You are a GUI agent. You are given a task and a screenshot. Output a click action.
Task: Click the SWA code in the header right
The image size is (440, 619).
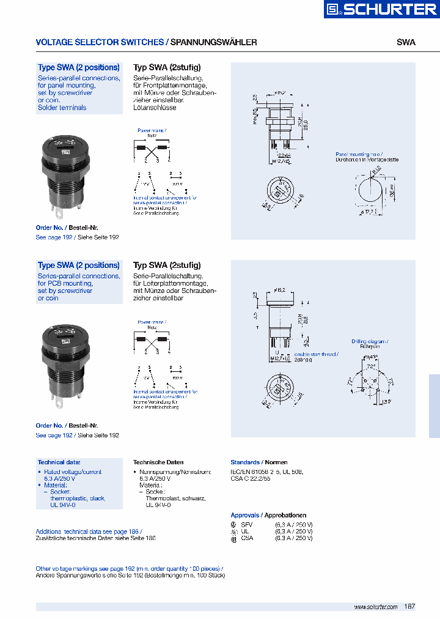pos(406,42)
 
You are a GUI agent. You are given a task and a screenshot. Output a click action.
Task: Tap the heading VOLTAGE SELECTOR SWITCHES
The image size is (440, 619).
pos(100,42)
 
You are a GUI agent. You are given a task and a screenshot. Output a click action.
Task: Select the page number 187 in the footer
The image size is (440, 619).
pos(409,606)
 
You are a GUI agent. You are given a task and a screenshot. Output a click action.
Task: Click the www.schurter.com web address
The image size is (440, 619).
pos(376,607)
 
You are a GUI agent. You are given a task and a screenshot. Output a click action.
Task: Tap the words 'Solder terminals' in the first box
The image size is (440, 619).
pos(62,108)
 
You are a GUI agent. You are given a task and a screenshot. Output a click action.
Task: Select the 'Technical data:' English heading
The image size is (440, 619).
pos(59,462)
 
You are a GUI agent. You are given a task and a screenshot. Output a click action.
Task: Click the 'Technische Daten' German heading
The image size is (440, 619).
pos(158,462)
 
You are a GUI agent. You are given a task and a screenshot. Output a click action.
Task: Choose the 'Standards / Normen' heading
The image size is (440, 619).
pos(259,462)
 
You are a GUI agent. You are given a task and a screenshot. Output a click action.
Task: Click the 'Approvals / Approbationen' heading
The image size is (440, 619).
pos(268,516)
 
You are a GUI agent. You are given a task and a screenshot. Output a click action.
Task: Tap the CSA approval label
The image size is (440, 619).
pos(247,538)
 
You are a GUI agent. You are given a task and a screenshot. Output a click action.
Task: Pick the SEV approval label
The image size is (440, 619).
pos(247,524)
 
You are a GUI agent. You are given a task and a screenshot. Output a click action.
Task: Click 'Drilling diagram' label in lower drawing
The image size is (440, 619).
pos(370,341)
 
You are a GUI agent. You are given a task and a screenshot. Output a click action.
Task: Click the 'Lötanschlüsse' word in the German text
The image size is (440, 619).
pos(155,108)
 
